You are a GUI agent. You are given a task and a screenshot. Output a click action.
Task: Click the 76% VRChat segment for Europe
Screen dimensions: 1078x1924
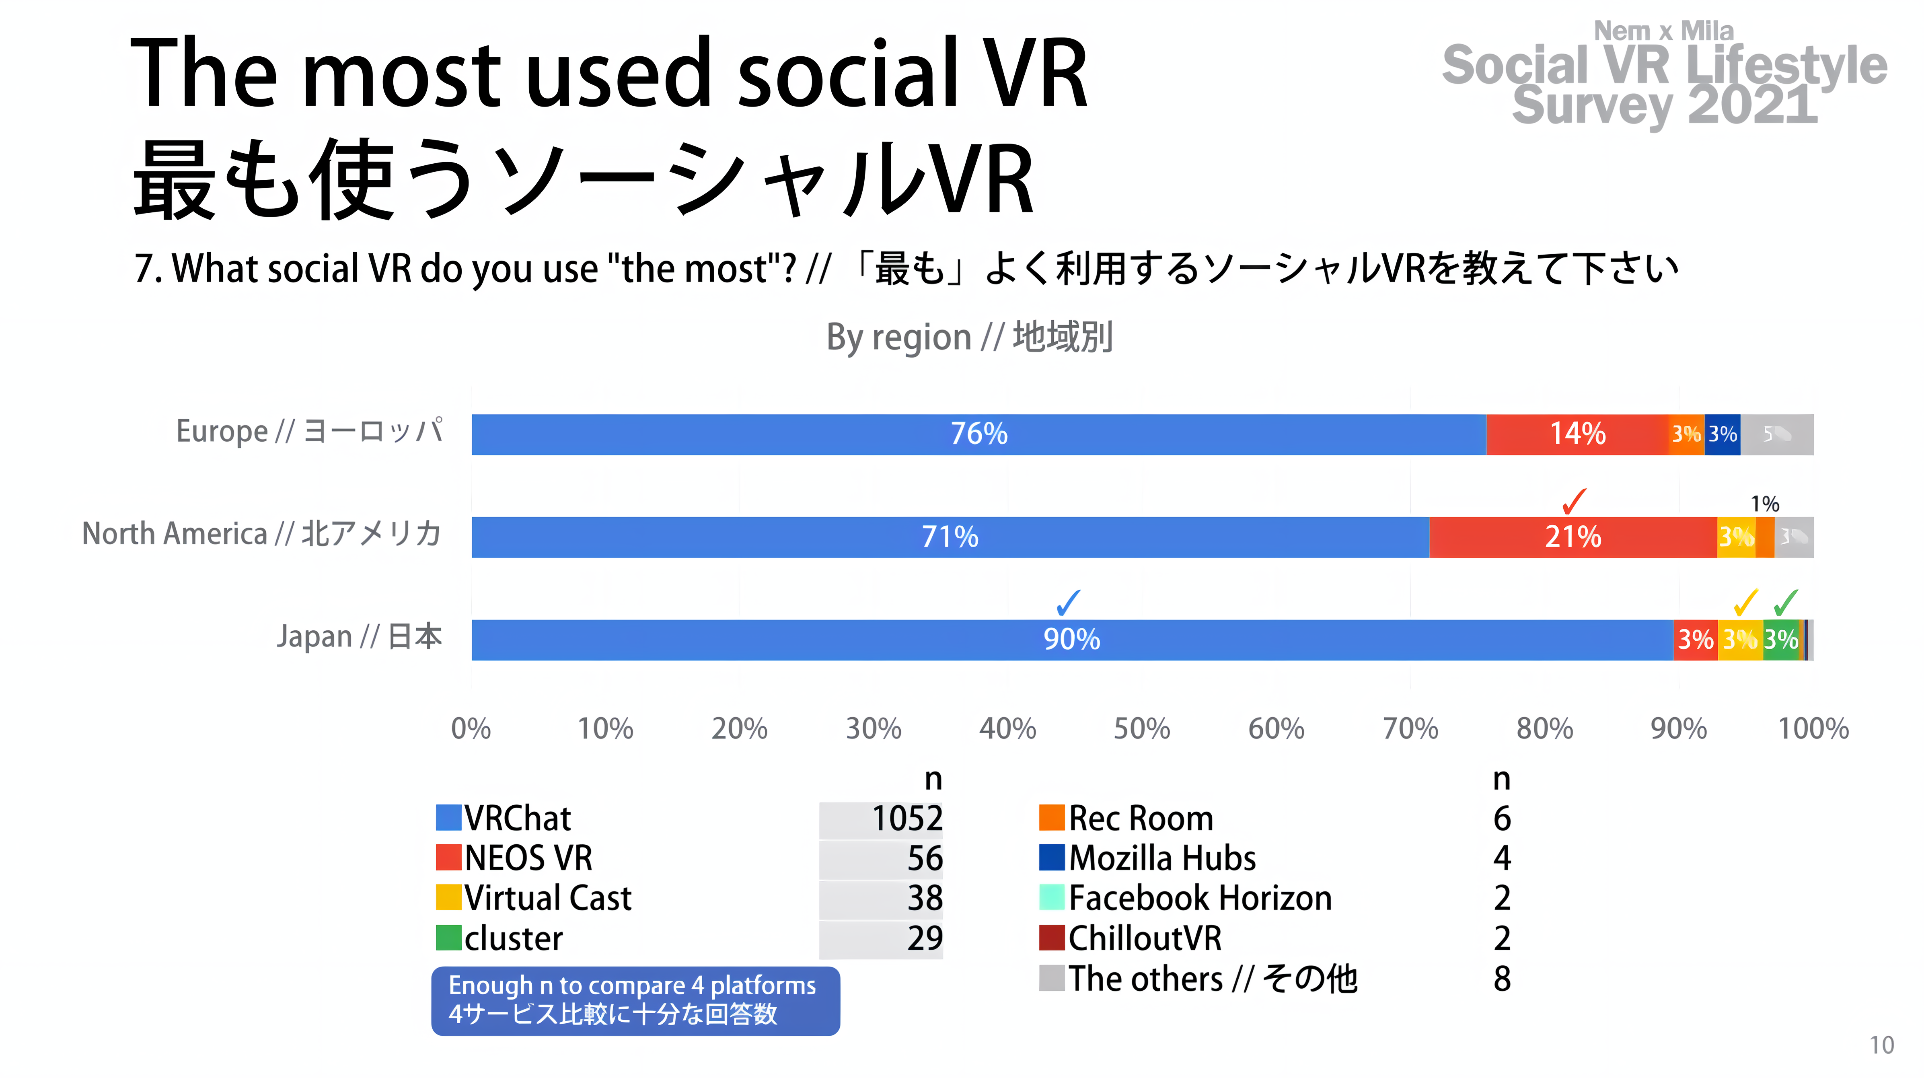[978, 434]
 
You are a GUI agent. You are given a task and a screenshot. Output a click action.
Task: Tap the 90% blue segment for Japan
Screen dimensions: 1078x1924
[1072, 640]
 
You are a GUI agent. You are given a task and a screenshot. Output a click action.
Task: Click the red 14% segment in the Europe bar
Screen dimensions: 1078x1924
[1577, 434]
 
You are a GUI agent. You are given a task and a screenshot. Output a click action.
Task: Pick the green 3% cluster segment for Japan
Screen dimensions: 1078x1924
[1781, 640]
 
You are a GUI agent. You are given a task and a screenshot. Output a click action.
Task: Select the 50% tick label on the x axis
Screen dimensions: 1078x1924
[1141, 728]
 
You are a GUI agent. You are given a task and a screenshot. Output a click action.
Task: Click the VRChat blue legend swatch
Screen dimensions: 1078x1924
[448, 817]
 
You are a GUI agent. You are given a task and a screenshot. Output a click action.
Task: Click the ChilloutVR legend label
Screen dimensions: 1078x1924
[1144, 938]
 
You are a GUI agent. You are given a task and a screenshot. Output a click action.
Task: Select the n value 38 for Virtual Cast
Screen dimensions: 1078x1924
[925, 898]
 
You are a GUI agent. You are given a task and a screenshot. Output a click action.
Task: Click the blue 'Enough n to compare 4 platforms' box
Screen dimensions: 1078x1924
[635, 1000]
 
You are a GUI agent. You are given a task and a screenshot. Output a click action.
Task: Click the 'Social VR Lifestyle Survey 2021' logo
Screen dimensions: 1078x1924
[1664, 75]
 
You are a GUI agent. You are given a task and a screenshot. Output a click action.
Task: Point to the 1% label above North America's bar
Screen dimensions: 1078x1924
[1765, 504]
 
